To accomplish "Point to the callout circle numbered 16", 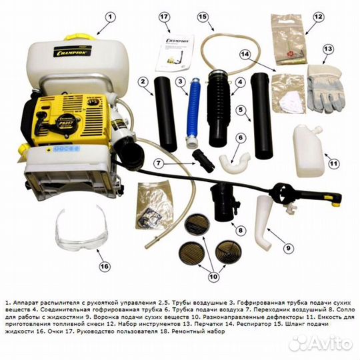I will tap(103, 265).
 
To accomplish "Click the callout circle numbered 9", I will tap(288, 248).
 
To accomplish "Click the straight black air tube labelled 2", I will tap(165, 113).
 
